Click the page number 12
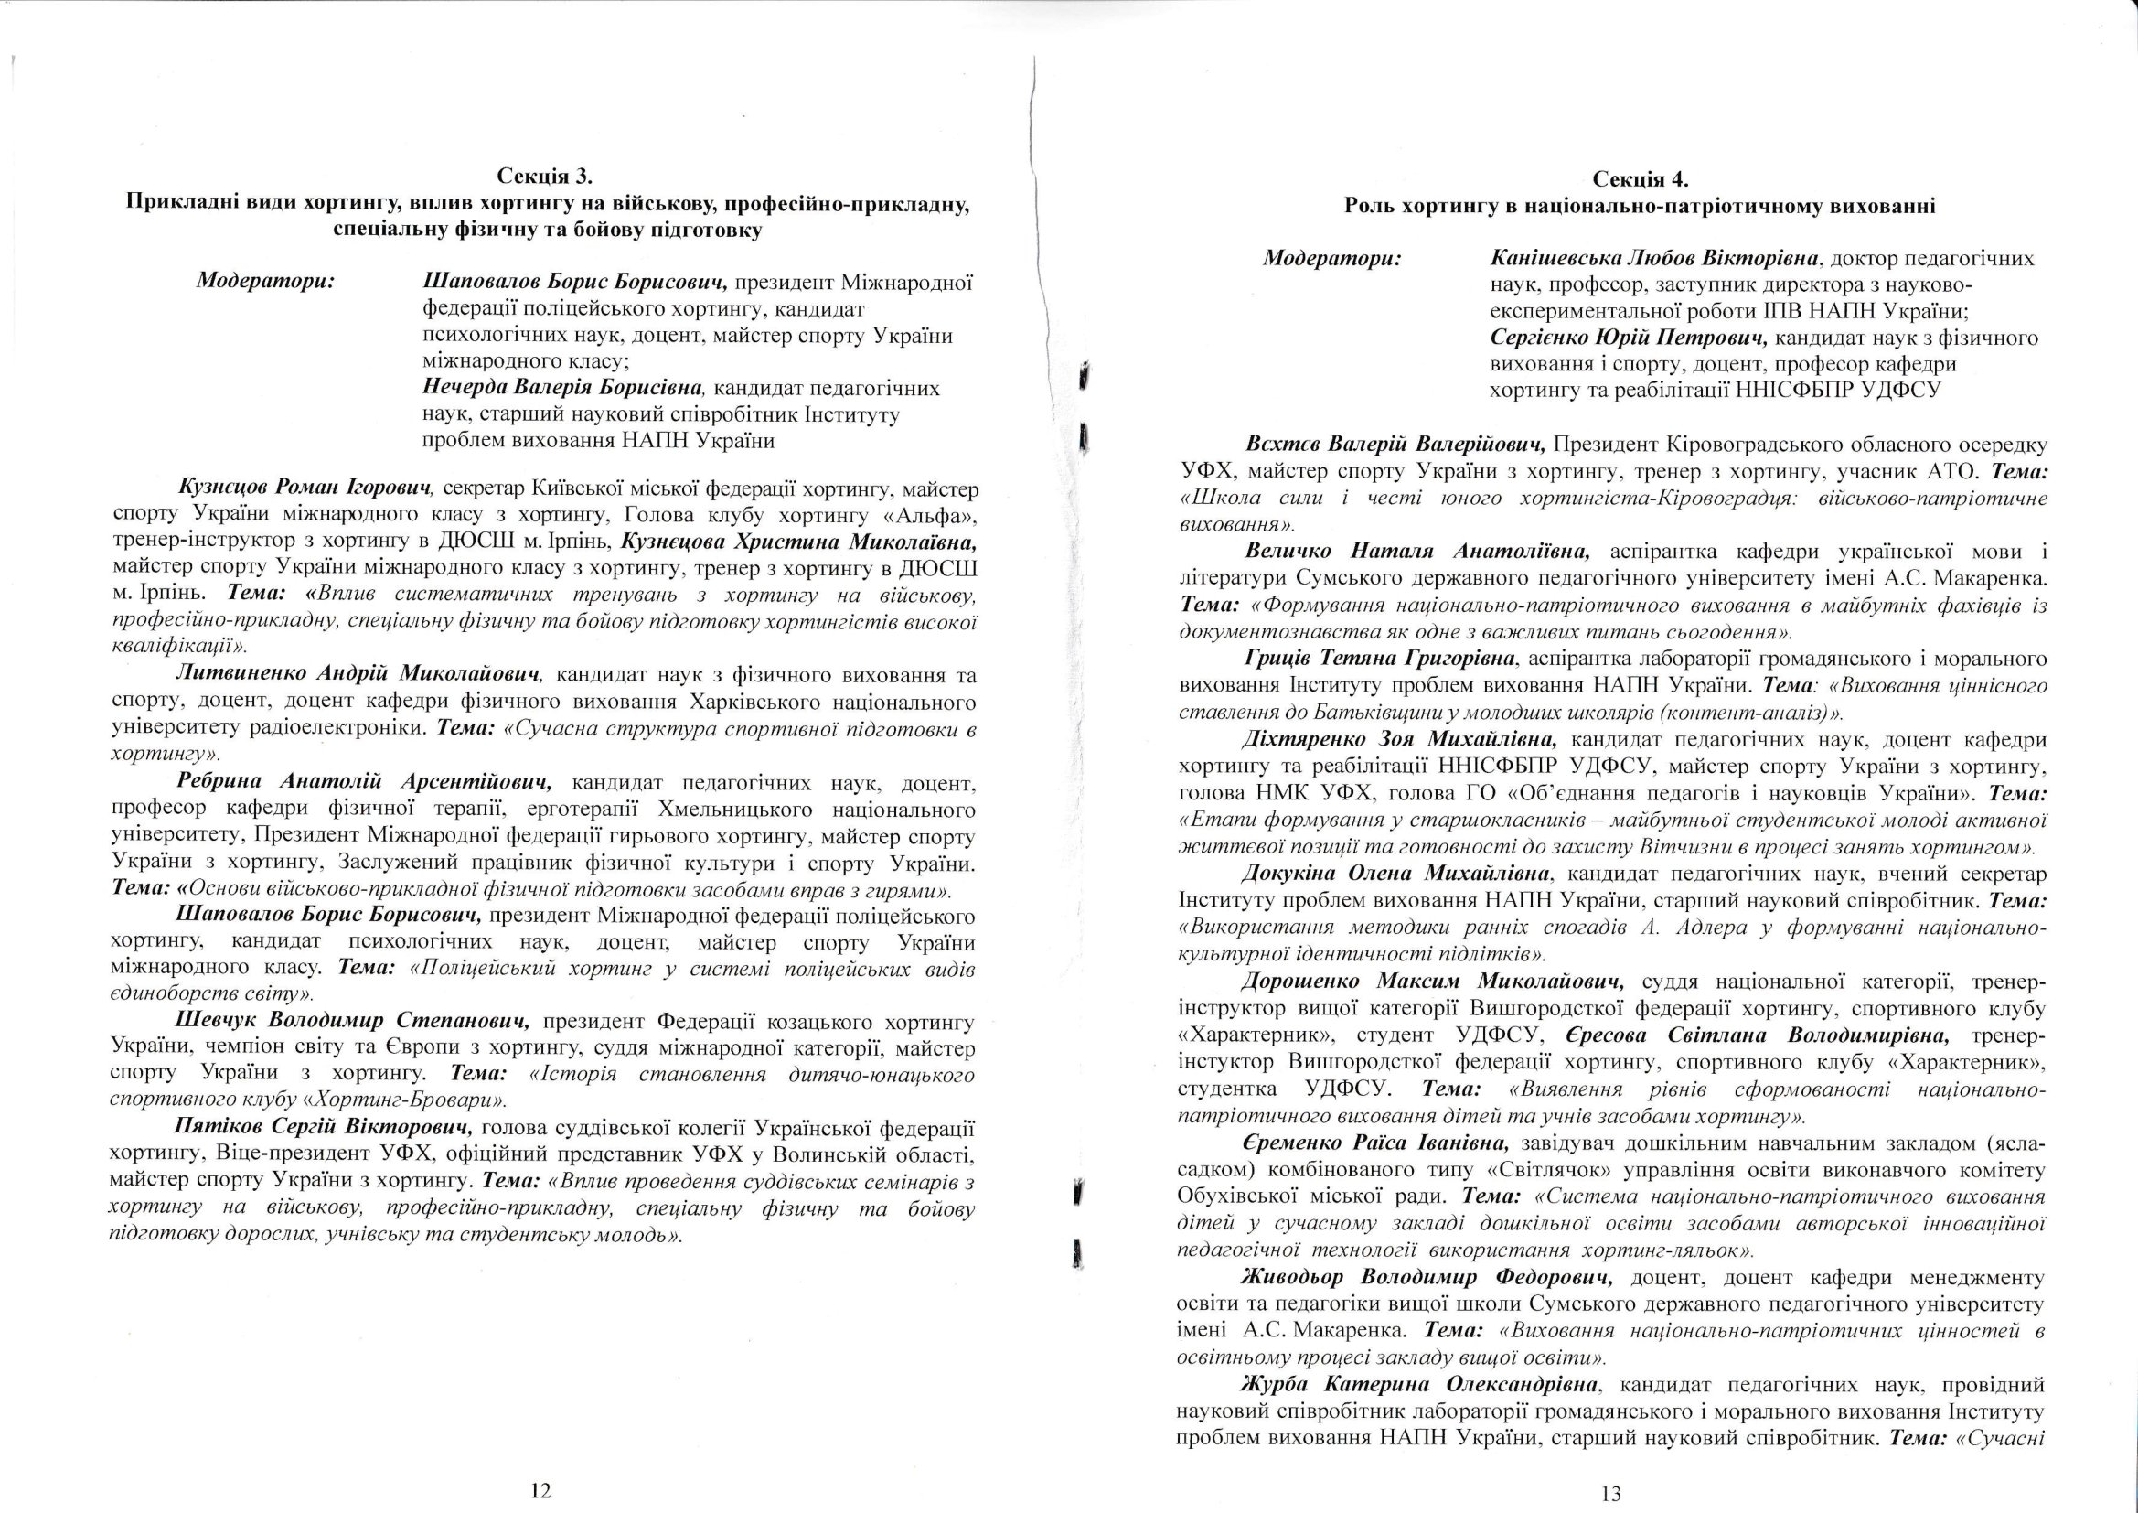tap(540, 1491)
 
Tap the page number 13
tap(1611, 1495)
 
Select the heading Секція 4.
tap(1640, 180)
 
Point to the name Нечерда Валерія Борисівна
tap(567, 387)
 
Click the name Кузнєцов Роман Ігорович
tap(306, 488)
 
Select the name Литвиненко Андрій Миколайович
tap(358, 673)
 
